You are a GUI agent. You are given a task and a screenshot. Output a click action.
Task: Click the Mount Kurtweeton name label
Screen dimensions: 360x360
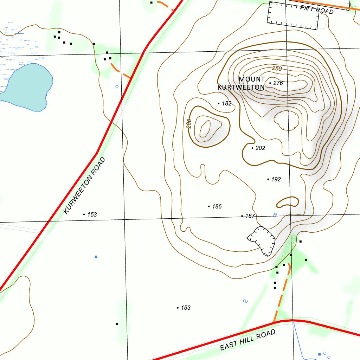(241, 83)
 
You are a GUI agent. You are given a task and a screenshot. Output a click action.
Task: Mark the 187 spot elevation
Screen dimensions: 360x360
(250, 216)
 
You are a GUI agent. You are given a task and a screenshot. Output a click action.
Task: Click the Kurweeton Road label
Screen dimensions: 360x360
(85, 186)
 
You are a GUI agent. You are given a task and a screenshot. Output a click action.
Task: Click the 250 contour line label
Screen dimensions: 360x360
(277, 69)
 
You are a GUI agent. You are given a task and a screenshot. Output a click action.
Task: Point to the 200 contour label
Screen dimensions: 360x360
(189, 123)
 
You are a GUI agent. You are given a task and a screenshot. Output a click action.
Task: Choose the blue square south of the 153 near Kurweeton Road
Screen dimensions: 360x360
(96, 257)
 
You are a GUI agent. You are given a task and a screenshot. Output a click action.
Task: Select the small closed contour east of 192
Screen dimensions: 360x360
(288, 202)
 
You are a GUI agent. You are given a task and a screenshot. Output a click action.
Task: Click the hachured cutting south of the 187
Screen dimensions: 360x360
(262, 240)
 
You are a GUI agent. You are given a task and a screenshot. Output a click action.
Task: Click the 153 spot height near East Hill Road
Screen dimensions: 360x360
(185, 308)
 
